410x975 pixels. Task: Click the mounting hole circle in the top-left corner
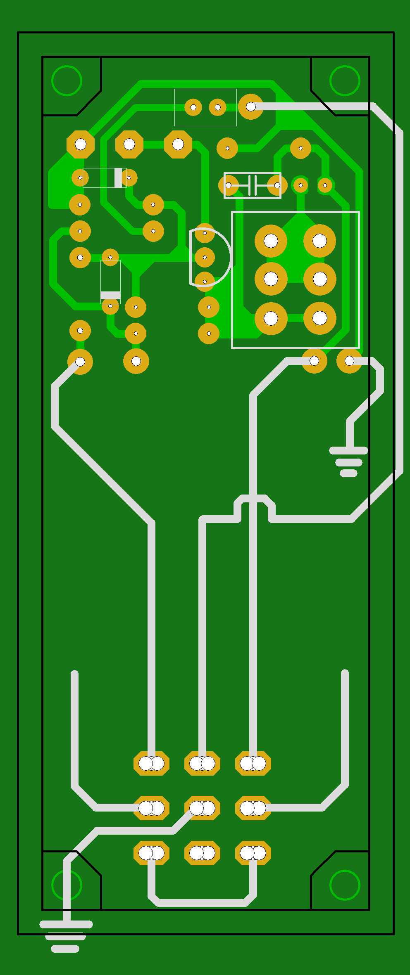[67, 80]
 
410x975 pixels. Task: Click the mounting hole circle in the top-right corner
[345, 80]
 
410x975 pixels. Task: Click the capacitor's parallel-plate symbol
[253, 185]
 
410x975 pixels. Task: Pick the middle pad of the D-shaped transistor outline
[205, 257]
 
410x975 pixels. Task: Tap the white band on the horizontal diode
[118, 177]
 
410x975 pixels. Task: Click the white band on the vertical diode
[110, 295]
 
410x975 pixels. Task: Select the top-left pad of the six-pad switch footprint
[271, 240]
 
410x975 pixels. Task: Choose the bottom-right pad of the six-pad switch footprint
[319, 318]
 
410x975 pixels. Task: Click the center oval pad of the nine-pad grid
[202, 808]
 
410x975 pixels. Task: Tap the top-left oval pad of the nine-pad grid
[151, 763]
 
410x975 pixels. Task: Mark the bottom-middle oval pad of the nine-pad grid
[202, 853]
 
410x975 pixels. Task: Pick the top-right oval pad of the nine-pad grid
[253, 763]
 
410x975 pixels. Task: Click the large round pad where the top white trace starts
[250, 106]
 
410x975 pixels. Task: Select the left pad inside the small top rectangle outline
[193, 107]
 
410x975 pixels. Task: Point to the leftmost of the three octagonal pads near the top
[81, 144]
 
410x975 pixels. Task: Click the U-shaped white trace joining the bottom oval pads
[202, 903]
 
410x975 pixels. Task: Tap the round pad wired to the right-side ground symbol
[349, 361]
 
